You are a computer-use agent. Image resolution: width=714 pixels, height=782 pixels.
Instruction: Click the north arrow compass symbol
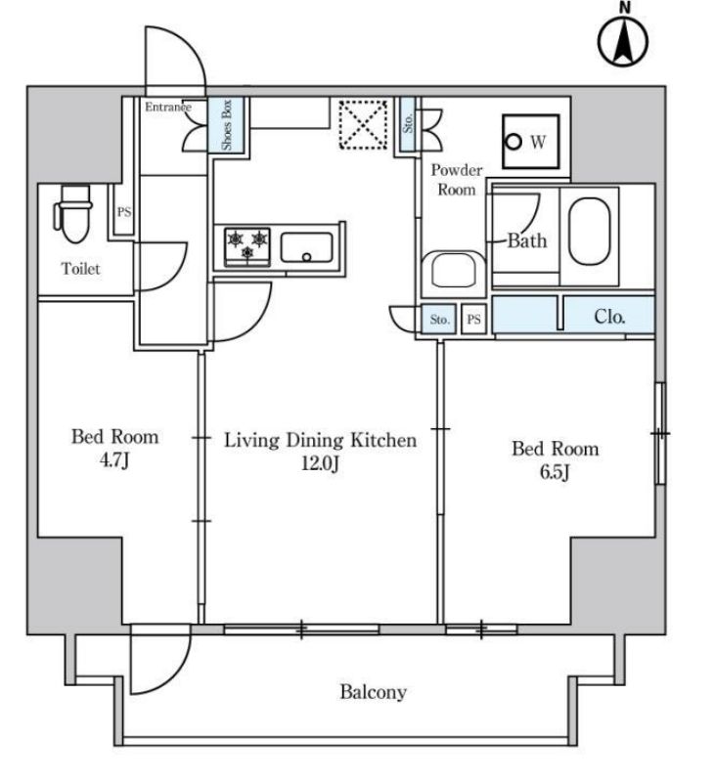pyautogui.click(x=622, y=39)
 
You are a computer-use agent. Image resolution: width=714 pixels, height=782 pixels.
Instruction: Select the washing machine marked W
pyautogui.click(x=528, y=142)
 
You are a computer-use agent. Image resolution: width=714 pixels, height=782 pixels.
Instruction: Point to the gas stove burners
pyautogui.click(x=246, y=244)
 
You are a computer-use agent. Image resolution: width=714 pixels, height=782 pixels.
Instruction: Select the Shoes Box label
pyautogui.click(x=226, y=124)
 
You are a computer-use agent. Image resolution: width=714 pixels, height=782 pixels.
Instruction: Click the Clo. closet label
pyautogui.click(x=609, y=316)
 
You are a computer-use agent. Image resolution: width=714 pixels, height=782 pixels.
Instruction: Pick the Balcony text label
pyautogui.click(x=373, y=692)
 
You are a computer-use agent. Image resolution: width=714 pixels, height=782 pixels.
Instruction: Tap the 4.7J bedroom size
pyautogui.click(x=114, y=460)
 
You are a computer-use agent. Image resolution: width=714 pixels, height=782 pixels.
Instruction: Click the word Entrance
pyautogui.click(x=168, y=107)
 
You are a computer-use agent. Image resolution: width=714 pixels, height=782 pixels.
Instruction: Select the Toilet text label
pyautogui.click(x=80, y=269)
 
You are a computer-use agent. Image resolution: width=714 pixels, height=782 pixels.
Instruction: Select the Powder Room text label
pyautogui.click(x=456, y=180)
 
